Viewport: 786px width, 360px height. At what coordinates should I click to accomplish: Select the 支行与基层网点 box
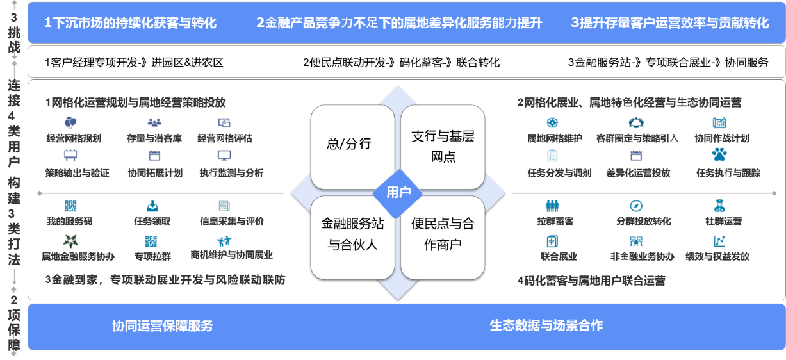pyautogui.click(x=443, y=147)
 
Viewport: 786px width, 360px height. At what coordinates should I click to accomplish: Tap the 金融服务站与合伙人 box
pyautogui.click(x=352, y=234)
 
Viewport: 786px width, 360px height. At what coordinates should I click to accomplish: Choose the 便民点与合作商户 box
pyautogui.click(x=443, y=234)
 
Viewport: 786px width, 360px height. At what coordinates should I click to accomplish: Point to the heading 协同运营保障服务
pyautogui.click(x=162, y=325)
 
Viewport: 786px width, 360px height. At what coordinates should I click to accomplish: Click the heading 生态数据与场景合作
pyautogui.click(x=546, y=325)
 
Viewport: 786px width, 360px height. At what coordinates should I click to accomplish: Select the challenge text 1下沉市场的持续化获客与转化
pyautogui.click(x=131, y=23)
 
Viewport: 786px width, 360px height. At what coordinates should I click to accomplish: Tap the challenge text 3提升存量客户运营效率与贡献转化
pyautogui.click(x=669, y=23)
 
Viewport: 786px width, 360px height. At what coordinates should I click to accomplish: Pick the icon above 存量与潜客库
pyautogui.click(x=154, y=122)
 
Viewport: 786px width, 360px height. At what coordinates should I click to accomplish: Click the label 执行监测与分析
pyautogui.click(x=231, y=173)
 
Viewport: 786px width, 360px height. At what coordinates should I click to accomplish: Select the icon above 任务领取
pyautogui.click(x=152, y=206)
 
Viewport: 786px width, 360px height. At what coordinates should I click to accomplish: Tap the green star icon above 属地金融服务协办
pyautogui.click(x=70, y=241)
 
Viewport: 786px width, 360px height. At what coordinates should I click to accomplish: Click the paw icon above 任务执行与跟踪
pyautogui.click(x=719, y=155)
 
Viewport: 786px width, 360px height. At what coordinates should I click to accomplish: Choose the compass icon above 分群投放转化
pyautogui.click(x=636, y=206)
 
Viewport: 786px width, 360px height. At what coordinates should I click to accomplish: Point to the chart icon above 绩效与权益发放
pyautogui.click(x=719, y=241)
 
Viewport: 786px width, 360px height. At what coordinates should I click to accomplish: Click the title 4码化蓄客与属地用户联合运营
pyautogui.click(x=591, y=281)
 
